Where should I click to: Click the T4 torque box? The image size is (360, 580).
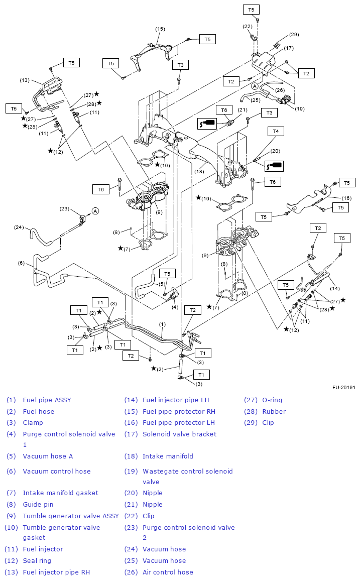click(276, 131)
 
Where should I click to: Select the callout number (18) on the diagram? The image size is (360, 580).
click(199, 171)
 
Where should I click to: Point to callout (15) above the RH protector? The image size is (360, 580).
click(160, 29)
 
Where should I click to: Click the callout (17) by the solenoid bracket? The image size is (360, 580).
click(289, 48)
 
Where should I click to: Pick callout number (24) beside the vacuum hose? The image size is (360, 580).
click(19, 227)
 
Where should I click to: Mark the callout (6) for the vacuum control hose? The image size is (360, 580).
click(21, 263)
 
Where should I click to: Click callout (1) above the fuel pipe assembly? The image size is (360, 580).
click(162, 324)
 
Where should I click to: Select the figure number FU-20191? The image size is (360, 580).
click(343, 388)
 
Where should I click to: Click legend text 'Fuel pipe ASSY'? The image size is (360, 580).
click(47, 400)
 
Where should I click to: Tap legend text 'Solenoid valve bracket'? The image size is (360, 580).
click(179, 434)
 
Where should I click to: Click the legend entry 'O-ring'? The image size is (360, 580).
click(272, 400)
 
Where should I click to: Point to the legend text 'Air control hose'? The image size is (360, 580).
click(168, 572)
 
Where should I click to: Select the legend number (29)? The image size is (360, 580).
click(251, 423)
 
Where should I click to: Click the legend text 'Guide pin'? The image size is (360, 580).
click(38, 505)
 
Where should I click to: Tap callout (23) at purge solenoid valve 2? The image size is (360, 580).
click(64, 208)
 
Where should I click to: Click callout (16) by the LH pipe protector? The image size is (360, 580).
click(346, 198)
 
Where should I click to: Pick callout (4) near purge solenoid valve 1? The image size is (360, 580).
click(174, 307)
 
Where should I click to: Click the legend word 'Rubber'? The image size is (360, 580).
click(274, 412)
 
